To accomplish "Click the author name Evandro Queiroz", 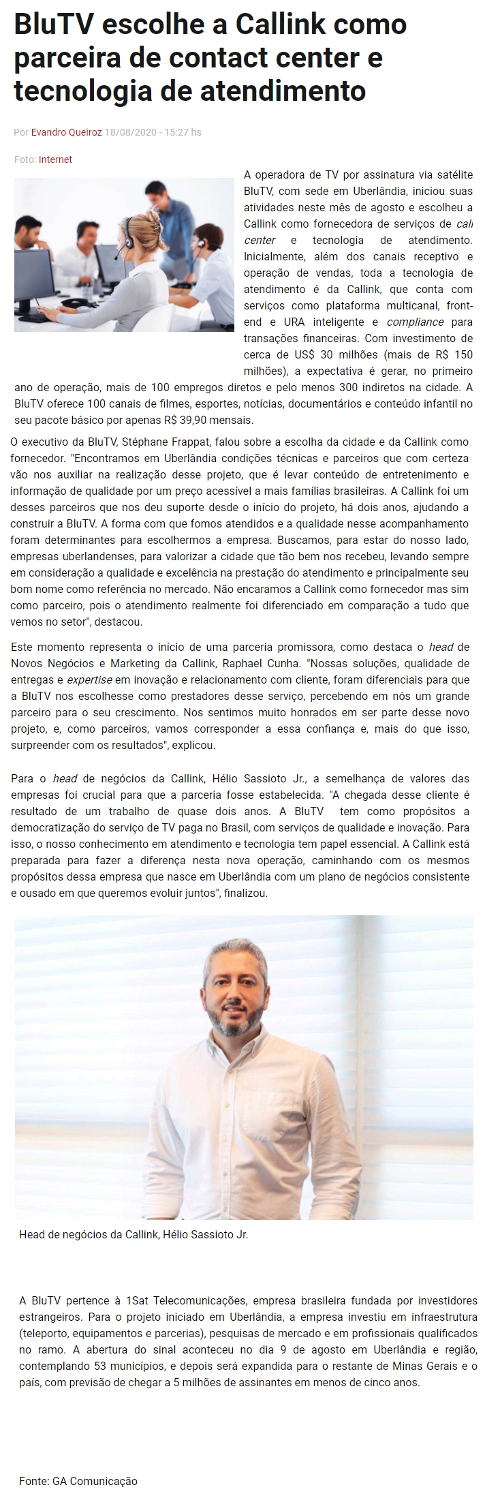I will click(67, 132).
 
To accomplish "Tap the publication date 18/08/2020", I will click(129, 132).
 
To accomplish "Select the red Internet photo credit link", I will click(55, 159).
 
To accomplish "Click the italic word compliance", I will click(415, 322).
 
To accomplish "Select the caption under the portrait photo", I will click(134, 1234).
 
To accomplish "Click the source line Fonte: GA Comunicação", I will click(78, 1481).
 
